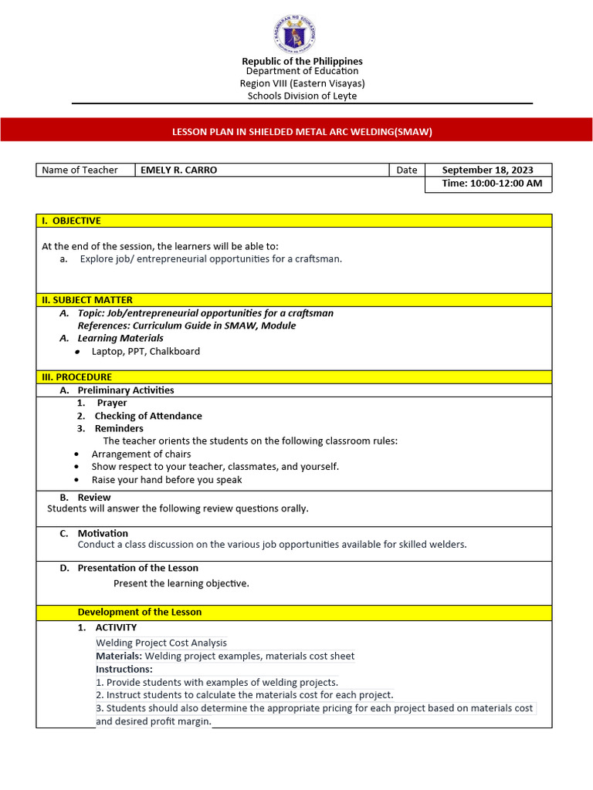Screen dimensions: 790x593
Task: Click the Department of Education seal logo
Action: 293,35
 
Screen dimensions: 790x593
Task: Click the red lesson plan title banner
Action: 296,131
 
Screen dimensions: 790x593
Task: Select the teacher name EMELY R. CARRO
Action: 178,170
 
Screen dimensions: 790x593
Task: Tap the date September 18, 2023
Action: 487,170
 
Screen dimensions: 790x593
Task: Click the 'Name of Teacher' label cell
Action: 80,170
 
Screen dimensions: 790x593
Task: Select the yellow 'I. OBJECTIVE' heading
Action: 71,221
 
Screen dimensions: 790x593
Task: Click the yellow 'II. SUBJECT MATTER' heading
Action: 86,300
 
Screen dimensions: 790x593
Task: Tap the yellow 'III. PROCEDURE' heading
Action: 76,377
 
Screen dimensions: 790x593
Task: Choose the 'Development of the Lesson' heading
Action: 139,613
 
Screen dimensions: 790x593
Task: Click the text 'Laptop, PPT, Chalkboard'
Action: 145,352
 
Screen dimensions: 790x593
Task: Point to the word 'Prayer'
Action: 112,403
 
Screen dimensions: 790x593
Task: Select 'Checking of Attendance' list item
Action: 148,416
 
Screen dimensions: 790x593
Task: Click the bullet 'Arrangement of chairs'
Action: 141,454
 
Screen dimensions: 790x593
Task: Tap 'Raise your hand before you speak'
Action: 166,480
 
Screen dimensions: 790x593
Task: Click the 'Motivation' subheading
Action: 103,533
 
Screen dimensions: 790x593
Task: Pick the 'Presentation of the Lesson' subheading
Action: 137,569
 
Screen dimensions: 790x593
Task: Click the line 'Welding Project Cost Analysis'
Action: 161,643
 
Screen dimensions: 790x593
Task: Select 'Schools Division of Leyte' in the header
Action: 302,96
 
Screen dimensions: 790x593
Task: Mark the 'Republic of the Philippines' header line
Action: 302,61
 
